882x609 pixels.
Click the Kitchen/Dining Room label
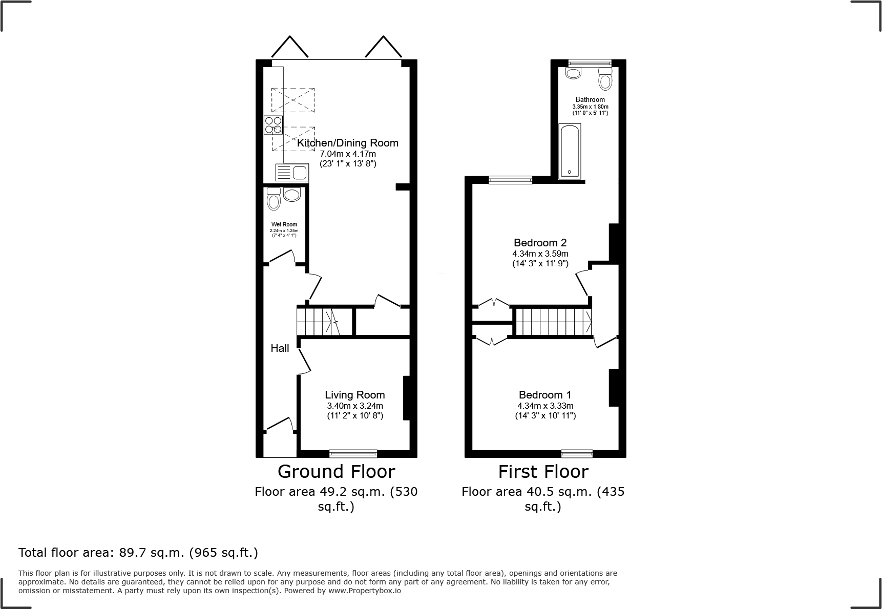(x=347, y=143)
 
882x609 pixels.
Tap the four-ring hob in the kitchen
(x=273, y=125)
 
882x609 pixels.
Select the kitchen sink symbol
(x=291, y=173)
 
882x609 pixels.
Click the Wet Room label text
(x=284, y=224)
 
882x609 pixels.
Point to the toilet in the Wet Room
(x=274, y=199)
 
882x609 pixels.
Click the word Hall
(x=280, y=348)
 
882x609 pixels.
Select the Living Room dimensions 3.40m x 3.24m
(x=354, y=406)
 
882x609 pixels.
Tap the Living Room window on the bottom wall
(x=353, y=453)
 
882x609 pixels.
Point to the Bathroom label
(x=590, y=100)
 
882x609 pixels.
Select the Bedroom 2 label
(x=540, y=243)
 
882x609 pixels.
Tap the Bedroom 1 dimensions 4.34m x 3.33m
(x=545, y=406)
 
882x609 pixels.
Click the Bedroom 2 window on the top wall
(x=510, y=180)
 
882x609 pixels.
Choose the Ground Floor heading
(x=336, y=471)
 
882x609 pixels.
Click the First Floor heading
(x=543, y=471)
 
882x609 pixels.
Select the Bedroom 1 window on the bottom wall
(x=577, y=453)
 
